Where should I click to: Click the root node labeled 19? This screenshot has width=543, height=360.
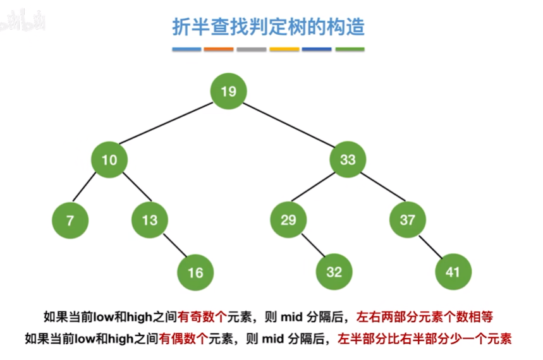(x=229, y=92)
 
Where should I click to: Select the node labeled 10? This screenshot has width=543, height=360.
(x=109, y=159)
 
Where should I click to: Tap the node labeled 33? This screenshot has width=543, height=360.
(x=348, y=159)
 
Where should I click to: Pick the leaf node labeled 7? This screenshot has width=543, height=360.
(x=70, y=220)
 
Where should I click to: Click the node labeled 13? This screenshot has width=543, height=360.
(x=149, y=220)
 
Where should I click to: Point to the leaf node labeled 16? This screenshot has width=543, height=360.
(x=195, y=272)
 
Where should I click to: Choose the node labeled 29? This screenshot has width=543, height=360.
(x=288, y=220)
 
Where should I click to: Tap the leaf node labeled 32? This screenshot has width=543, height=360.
(x=334, y=272)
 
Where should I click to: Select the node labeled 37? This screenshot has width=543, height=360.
(x=407, y=220)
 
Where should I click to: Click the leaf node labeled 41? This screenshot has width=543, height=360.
(x=453, y=272)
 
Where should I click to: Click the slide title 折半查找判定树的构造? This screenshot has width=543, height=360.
(x=268, y=27)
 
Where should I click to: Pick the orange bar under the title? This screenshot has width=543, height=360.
(x=219, y=49)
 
